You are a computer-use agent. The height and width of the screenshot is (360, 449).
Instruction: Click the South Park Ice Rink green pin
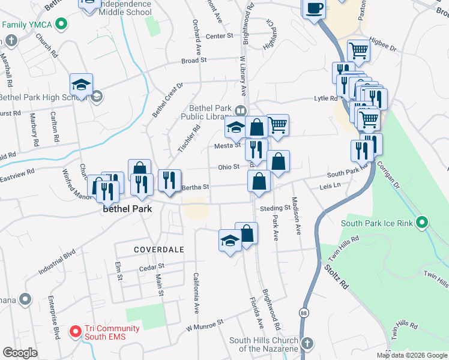pyautogui.click(x=421, y=223)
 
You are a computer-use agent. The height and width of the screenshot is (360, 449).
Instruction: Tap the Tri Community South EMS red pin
pyautogui.click(x=76, y=331)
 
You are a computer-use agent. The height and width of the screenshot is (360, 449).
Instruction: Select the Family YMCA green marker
pyautogui.click(x=60, y=25)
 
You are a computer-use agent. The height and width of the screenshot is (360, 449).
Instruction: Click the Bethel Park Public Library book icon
pyautogui.click(x=240, y=110)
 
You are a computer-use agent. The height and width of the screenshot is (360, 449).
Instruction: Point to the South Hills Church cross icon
pyautogui.click(x=307, y=344)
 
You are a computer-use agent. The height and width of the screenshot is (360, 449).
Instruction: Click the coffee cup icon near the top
pyautogui.click(x=314, y=9)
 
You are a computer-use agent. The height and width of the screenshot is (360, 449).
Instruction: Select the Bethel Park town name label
pyautogui.click(x=127, y=209)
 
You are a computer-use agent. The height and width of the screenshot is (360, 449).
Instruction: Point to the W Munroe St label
pyautogui.click(x=204, y=325)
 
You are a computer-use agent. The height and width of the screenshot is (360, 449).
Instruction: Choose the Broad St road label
pyautogui.click(x=194, y=61)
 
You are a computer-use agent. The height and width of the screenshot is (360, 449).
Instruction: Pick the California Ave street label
pyautogui.click(x=196, y=293)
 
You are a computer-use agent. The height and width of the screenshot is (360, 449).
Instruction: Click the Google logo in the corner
pyautogui.click(x=20, y=352)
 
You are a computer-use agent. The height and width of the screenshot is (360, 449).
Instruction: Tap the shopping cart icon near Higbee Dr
pyautogui.click(x=358, y=51)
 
